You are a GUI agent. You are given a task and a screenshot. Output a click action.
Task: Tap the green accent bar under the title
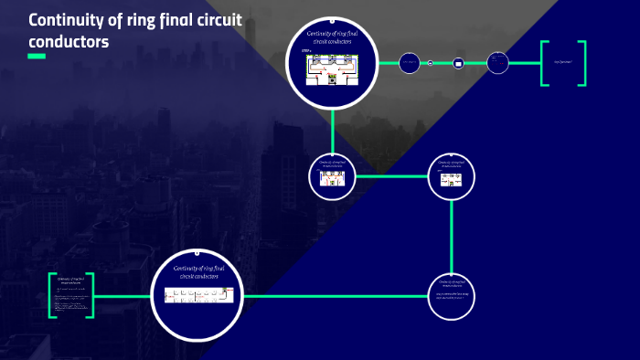coord(37,56)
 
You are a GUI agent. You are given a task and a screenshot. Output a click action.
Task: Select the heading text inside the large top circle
coord(332,38)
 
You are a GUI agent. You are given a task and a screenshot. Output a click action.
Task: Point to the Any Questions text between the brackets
coord(562,63)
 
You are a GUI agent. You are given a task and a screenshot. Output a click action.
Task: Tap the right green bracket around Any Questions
coord(582,63)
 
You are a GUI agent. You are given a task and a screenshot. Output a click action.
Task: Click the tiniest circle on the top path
coord(430,63)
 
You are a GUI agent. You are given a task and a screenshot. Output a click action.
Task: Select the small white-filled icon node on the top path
coord(459,63)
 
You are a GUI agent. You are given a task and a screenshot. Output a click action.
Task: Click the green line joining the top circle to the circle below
coord(332,128)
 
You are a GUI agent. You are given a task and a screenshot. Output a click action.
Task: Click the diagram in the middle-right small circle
coord(452,180)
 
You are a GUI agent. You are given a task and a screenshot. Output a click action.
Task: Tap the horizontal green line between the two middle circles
coord(391,175)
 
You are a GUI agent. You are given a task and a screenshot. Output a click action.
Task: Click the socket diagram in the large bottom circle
coord(199,295)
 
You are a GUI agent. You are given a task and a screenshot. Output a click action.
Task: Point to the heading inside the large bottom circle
coord(199,270)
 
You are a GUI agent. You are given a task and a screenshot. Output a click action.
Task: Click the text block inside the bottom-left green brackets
coord(71,296)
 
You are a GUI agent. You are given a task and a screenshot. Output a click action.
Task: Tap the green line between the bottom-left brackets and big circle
coord(123,296)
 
